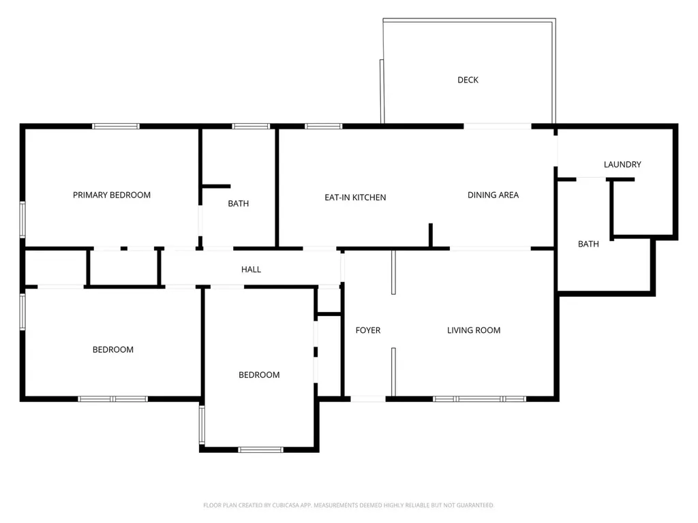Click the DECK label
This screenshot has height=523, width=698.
click(x=468, y=80)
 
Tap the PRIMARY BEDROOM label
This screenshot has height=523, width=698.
click(x=112, y=195)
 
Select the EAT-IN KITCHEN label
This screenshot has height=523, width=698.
click(x=355, y=197)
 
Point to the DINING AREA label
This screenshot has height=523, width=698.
click(x=494, y=195)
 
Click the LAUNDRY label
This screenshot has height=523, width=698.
click(x=622, y=165)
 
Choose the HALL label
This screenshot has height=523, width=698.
click(x=251, y=270)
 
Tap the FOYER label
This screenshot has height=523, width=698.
click(x=368, y=330)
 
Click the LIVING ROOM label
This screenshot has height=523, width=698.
click(x=474, y=330)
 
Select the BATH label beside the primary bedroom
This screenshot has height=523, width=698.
click(x=238, y=204)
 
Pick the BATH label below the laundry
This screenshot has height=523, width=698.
click(x=588, y=244)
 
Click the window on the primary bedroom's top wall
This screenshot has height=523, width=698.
click(x=116, y=126)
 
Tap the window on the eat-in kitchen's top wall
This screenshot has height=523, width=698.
click(x=324, y=126)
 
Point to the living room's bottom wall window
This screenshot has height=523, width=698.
click(x=479, y=399)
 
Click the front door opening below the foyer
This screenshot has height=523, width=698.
click(x=368, y=399)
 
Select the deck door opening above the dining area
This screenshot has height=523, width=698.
click(x=498, y=126)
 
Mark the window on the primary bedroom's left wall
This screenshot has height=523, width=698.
click(x=22, y=219)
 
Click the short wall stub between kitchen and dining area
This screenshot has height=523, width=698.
click(x=431, y=235)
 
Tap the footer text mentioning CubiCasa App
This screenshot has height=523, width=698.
click(x=348, y=505)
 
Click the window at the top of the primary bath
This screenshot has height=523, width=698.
click(x=251, y=126)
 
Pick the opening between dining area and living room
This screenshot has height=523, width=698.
click(x=490, y=249)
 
